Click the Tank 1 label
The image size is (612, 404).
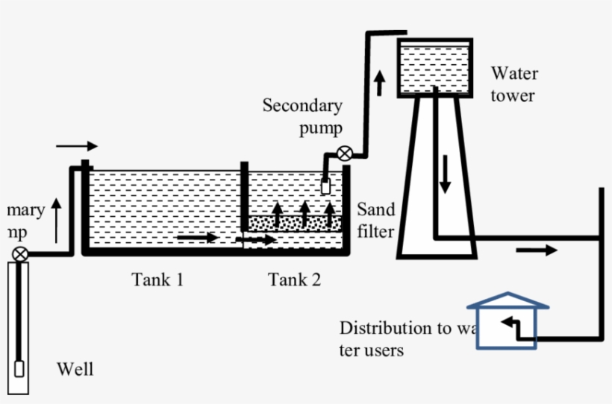coord(157,280)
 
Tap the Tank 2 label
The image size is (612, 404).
coord(295,280)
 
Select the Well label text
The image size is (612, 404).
coord(75,369)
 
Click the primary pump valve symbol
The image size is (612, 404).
coord(21,254)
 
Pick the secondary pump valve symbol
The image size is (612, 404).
coord(345,155)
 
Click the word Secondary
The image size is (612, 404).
coord(302,106)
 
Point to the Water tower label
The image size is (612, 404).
coord(513,84)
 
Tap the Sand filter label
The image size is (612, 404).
coord(375,220)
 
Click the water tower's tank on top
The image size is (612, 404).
coord(434,68)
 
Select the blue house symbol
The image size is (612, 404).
coord(508,321)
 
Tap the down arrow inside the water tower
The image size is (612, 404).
coord(445,174)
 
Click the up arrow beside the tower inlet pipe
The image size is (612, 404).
coord(380,82)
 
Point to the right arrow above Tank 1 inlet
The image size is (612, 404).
coord(76,145)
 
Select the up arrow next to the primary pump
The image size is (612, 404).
coord(57,219)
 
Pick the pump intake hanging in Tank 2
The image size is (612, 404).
coord(325,186)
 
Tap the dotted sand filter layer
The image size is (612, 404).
coord(295,223)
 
